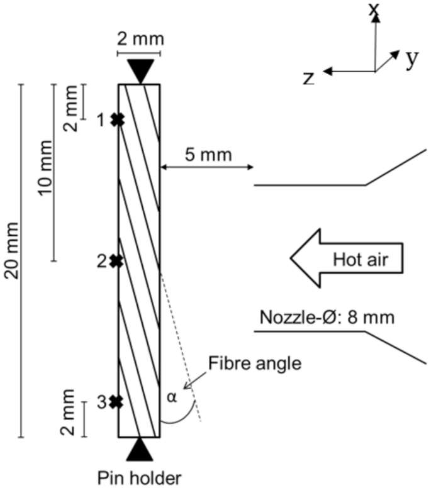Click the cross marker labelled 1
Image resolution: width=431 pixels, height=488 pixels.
click(116, 119)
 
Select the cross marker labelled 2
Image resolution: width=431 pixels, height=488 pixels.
click(116, 261)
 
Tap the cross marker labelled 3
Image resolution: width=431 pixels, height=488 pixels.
click(116, 402)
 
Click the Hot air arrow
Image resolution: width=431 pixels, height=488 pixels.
click(345, 258)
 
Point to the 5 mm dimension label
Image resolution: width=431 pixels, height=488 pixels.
click(208, 154)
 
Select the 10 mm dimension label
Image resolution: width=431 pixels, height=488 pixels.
click(45, 172)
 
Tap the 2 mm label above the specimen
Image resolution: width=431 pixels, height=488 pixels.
click(140, 38)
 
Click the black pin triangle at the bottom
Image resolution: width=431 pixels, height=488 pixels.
click(140, 449)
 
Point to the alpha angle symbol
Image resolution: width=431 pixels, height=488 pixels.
click(172, 397)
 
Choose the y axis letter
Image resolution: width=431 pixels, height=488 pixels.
click(412, 57)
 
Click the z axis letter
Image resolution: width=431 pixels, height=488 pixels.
click(309, 77)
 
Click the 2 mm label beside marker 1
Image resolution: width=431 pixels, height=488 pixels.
click(72, 108)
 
